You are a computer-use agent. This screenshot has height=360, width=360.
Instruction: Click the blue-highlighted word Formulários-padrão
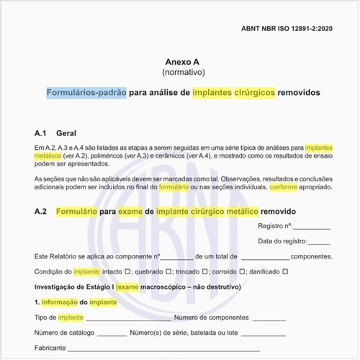[87, 93]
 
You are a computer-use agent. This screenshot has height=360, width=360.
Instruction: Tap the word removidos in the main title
[299, 93]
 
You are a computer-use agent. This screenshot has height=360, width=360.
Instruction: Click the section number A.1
[40, 134]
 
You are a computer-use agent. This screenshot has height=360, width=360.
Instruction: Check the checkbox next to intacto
[127, 271]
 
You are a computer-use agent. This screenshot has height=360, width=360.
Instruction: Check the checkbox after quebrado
[168, 271]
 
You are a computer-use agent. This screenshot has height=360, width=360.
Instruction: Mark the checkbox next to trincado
[206, 271]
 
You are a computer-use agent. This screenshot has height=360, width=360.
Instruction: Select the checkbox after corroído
[243, 271]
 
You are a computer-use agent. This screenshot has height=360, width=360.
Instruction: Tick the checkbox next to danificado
[286, 271]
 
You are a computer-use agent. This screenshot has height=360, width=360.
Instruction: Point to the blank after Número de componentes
[269, 318]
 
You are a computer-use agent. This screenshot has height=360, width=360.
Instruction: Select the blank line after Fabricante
[162, 348]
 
